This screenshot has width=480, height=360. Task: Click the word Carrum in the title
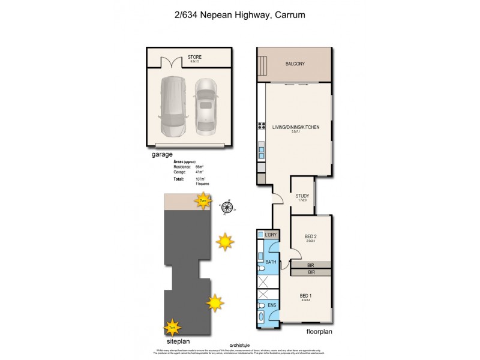click(x=294, y=14)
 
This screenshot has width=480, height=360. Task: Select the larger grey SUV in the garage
click(x=172, y=107)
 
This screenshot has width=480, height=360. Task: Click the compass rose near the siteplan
click(x=227, y=208)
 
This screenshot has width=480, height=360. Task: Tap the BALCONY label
click(x=295, y=64)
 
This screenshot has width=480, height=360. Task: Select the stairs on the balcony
click(x=262, y=64)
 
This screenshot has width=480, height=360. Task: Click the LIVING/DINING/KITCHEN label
click(x=295, y=127)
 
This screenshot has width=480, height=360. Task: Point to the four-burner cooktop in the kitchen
click(x=262, y=125)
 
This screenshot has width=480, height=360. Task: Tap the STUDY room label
click(x=302, y=196)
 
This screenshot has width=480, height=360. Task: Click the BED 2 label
click(x=310, y=236)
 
